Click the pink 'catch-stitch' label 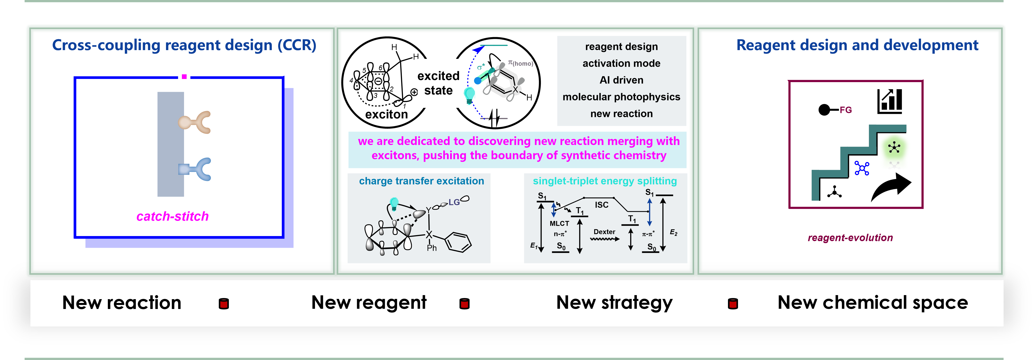pyautogui.click(x=173, y=216)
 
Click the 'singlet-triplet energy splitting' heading pyautogui.click(x=604, y=181)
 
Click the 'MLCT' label pyautogui.click(x=559, y=224)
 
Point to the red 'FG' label pyautogui.click(x=845, y=110)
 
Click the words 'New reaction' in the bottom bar pyautogui.click(x=122, y=302)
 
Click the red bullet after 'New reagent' pyautogui.click(x=464, y=304)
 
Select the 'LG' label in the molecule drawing pyautogui.click(x=454, y=202)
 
